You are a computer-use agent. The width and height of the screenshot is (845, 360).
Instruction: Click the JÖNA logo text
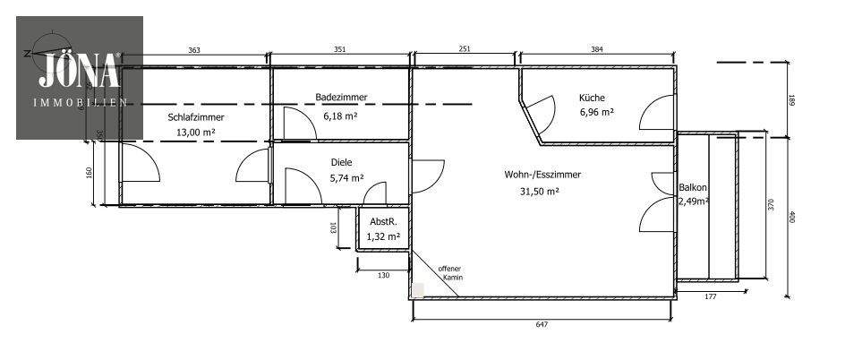point(79,69)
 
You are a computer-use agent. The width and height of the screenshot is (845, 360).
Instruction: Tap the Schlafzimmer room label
point(195,117)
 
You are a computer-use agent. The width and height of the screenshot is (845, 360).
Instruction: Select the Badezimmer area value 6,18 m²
point(340,116)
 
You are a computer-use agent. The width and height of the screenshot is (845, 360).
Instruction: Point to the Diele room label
point(341,163)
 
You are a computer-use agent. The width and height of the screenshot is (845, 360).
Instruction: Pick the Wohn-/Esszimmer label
point(542,175)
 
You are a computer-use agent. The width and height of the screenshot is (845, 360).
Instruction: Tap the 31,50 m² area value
point(539,191)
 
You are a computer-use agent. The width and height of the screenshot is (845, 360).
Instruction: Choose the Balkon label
point(693,188)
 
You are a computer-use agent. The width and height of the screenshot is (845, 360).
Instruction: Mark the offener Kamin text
point(449,273)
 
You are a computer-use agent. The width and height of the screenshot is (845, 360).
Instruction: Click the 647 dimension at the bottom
point(542,324)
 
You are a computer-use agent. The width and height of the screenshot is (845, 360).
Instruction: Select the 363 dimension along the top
point(194,51)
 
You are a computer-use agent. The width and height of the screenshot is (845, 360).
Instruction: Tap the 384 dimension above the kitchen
point(596,51)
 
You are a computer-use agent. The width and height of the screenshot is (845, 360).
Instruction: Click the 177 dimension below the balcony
point(710,296)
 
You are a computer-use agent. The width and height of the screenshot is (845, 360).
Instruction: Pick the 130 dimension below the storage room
point(383,276)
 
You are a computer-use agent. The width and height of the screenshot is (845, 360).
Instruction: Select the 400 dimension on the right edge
point(791,216)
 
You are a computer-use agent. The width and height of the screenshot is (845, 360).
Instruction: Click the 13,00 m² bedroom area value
point(195,133)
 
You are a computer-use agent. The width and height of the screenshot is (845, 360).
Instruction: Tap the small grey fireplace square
point(418,290)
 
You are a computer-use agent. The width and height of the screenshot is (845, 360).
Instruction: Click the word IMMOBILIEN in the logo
point(79,103)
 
